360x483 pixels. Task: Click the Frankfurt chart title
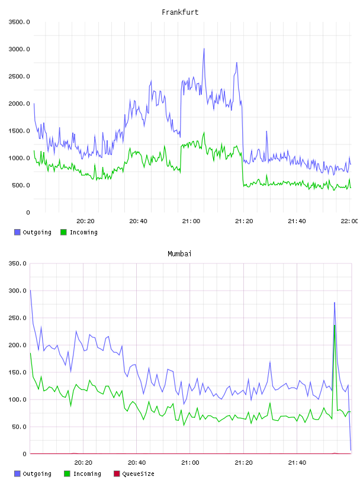point(180,12)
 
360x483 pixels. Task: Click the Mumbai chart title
point(179,254)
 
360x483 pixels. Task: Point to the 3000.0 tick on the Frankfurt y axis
point(19,49)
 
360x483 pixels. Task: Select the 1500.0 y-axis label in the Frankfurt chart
point(19,131)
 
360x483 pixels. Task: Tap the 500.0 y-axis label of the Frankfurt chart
point(21,185)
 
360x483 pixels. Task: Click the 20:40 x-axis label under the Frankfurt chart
point(138,221)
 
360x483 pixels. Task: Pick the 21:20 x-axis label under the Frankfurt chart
point(244,221)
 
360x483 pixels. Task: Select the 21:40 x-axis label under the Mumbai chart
point(297,463)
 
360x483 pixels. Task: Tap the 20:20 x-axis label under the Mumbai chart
point(83,463)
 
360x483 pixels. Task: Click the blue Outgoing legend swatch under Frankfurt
point(17,232)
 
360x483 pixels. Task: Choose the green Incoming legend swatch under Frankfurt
point(63,232)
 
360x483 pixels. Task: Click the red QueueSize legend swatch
point(117,474)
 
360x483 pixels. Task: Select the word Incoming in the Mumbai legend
point(87,474)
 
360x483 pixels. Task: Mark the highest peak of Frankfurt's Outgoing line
point(204,49)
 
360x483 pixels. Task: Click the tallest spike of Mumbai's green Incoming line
point(335,326)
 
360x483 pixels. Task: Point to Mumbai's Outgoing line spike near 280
point(335,303)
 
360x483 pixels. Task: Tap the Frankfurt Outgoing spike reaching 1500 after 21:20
point(266,131)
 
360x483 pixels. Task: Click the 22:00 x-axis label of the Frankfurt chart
point(349,221)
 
